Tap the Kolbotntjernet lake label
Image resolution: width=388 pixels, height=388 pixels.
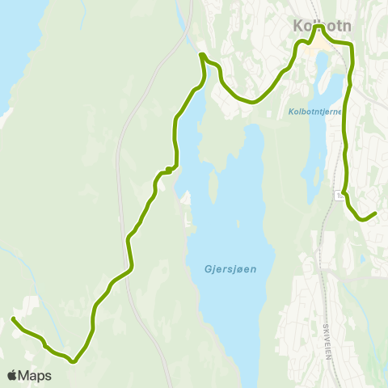[315, 112]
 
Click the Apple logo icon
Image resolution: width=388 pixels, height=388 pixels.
[12, 376]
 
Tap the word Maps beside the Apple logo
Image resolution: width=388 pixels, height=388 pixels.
[35, 376]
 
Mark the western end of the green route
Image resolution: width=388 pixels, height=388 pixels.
[13, 320]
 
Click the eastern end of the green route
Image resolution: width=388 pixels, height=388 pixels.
[376, 213]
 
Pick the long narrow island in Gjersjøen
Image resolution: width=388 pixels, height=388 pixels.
[213, 186]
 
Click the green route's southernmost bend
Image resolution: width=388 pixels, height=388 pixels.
[74, 361]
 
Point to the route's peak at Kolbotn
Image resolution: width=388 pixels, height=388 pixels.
[319, 27]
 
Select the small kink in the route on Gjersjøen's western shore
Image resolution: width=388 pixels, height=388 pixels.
[167, 169]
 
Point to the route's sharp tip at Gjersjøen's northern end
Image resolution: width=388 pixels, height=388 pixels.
[202, 55]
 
